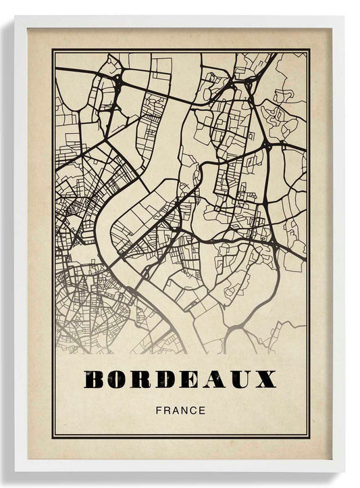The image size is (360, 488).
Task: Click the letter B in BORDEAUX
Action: pos(96,379)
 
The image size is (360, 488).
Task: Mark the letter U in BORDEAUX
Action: pos(240,379)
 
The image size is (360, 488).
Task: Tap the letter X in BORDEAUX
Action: pos(265,379)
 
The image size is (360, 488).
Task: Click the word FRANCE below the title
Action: pos(180,410)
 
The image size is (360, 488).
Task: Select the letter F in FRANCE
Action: pos(158,410)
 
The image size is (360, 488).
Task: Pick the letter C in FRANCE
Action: pos(191,410)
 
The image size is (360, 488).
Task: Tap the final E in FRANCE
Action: pos(201,410)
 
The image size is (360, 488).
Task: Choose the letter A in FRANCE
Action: pos(173,410)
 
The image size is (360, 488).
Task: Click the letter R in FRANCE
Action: pos(165,410)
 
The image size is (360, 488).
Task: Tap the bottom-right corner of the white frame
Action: pos(344,471)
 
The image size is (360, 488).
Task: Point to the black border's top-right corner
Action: pos(309,50)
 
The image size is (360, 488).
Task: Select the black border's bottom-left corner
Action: pos(52,437)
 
